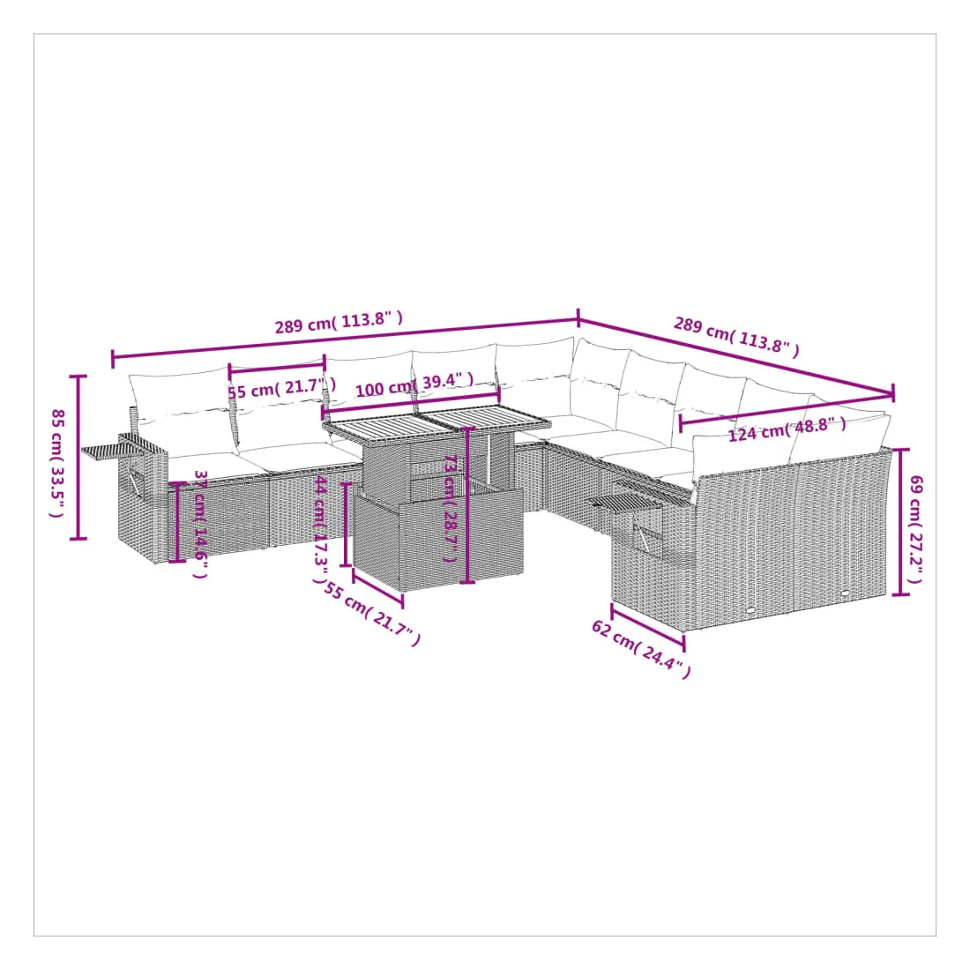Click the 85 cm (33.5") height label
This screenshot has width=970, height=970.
(57, 463)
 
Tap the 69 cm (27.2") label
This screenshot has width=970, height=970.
(915, 529)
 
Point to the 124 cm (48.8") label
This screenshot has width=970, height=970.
(787, 429)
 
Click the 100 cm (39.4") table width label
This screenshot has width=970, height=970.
(414, 384)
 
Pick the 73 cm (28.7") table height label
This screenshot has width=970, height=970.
(451, 508)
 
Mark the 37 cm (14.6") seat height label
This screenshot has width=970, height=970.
(201, 524)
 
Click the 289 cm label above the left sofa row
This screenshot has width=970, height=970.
(339, 322)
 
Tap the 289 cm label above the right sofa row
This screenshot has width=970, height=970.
(736, 337)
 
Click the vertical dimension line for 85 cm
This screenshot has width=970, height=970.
(78, 457)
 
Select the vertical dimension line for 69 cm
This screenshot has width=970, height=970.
(900, 522)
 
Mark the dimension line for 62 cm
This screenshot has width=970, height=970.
(648, 627)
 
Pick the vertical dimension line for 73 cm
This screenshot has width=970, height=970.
(468, 504)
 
